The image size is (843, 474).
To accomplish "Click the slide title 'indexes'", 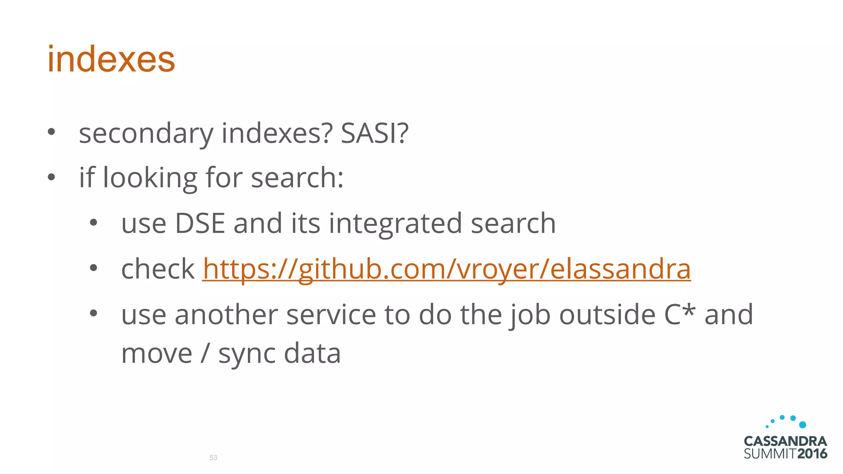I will pos(111,59).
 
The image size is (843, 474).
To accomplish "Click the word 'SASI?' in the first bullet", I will pos(375,134).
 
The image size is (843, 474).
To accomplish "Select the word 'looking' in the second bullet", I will pos(150,179).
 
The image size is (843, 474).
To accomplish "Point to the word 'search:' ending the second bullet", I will pos(297,178).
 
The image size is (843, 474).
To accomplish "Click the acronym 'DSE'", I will pos(200,223).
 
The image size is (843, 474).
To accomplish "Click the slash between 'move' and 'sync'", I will pos(205,354).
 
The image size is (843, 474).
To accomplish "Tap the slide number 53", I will pos(213,458).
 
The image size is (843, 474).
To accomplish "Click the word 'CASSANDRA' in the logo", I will pos(785,441).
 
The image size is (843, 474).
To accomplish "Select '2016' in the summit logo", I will pos(812,454).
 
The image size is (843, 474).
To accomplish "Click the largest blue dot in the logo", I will pos(802,425).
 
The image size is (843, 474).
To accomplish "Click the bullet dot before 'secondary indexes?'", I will pos(51,132).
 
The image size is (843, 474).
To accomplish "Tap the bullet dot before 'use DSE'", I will pos(93,223).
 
